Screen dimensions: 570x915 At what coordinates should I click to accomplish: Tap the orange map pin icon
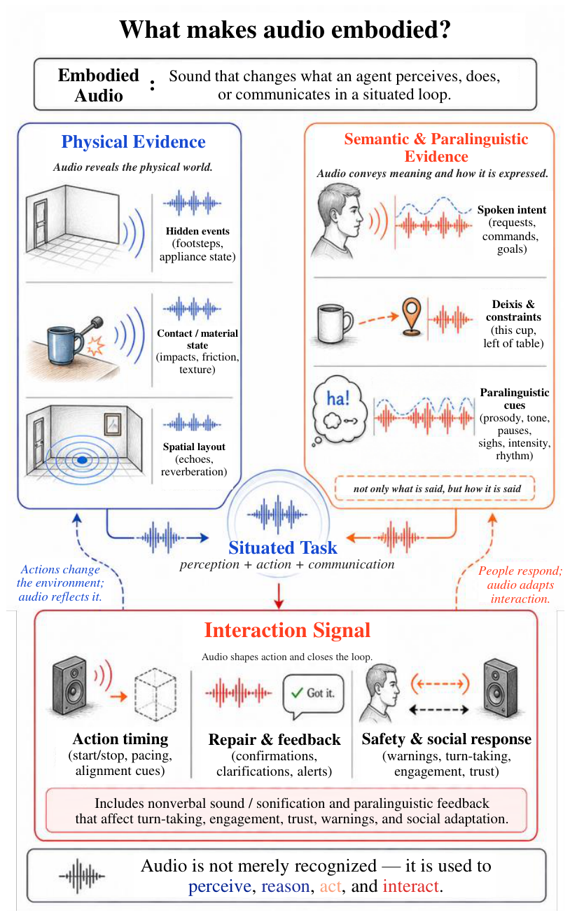[x=412, y=317]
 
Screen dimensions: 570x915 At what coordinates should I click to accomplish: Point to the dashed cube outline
[x=155, y=694]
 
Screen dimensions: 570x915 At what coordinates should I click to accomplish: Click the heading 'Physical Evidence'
[x=133, y=141]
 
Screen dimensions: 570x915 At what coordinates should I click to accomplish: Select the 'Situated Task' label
[x=283, y=547]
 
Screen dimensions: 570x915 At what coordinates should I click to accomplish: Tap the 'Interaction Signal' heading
[x=287, y=630]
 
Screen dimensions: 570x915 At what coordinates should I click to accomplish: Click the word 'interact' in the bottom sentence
[x=411, y=886]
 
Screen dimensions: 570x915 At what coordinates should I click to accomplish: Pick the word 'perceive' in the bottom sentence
[x=219, y=887]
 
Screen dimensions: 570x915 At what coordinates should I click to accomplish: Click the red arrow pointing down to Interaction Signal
[x=279, y=596]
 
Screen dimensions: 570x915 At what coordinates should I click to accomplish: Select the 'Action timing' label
[x=120, y=739]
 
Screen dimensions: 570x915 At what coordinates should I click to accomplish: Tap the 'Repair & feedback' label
[x=274, y=739]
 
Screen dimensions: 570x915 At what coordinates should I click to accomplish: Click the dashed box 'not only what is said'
[x=435, y=489]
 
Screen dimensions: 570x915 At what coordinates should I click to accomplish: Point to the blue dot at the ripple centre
[x=82, y=460]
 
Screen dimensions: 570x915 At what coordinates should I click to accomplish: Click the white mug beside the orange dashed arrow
[x=334, y=323]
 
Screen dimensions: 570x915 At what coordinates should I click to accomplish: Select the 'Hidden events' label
[x=197, y=231]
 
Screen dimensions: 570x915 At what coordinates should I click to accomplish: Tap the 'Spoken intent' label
[x=512, y=210]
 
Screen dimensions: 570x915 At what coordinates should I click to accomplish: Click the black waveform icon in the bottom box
[x=82, y=876]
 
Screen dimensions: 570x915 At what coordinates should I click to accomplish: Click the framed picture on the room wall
[x=112, y=424]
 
